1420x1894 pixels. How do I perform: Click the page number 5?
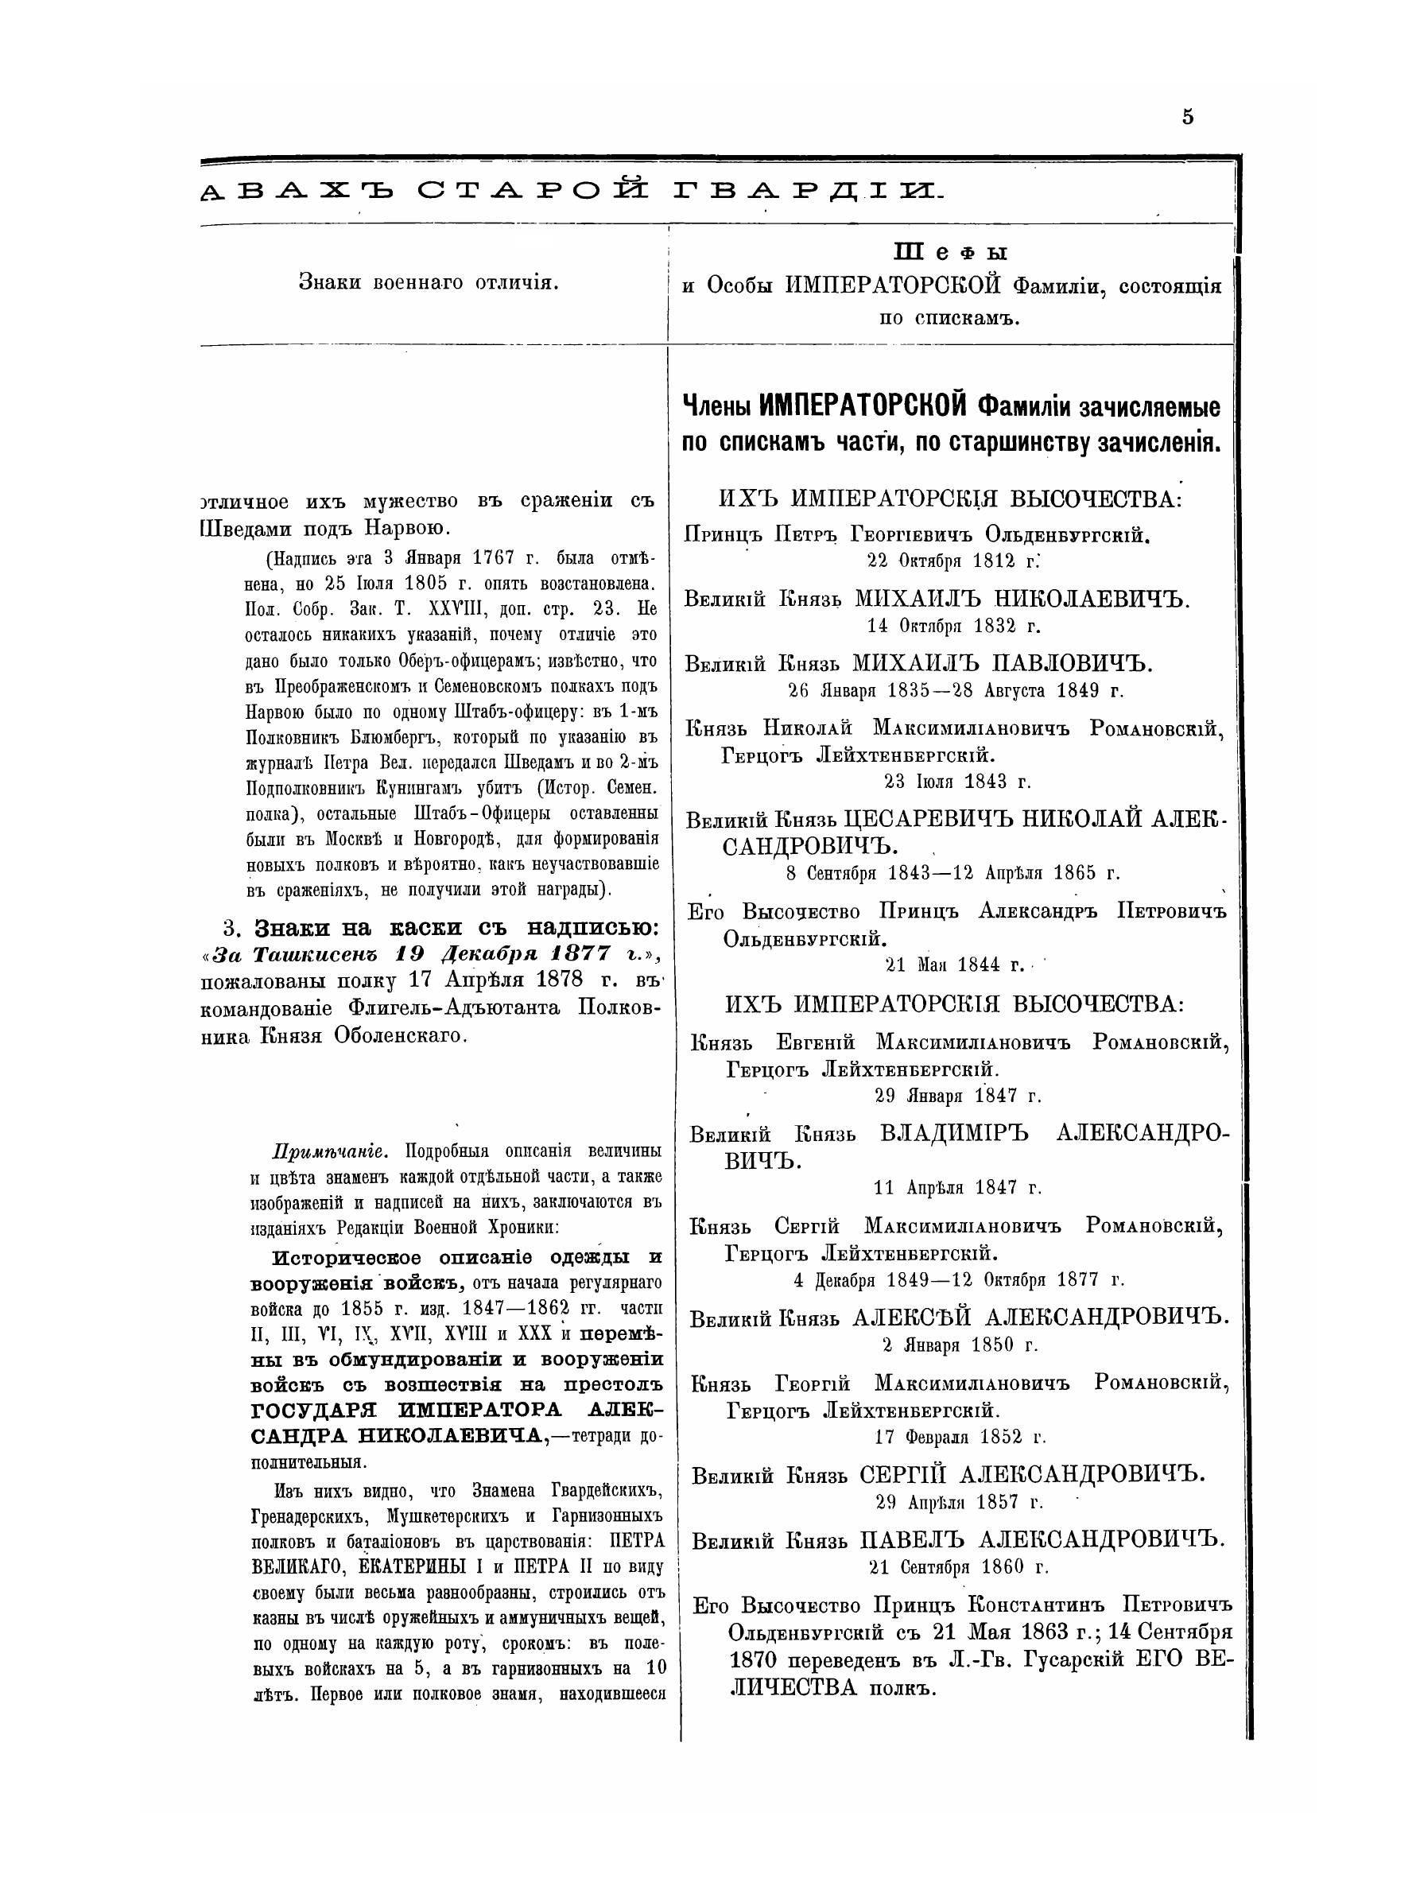(x=1187, y=118)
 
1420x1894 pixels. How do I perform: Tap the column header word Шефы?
(x=950, y=253)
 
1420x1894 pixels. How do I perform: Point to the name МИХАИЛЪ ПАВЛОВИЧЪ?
(x=1004, y=664)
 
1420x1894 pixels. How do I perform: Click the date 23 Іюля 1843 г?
(x=957, y=781)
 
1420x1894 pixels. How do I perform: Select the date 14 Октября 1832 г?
(x=953, y=626)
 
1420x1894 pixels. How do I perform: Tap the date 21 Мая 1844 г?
(x=953, y=965)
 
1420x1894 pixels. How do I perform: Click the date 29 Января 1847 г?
(x=957, y=1095)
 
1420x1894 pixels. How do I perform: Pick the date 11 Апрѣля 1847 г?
(x=957, y=1188)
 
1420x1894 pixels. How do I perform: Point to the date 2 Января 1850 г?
(x=960, y=1345)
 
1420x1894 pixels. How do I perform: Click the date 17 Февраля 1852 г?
(x=960, y=1437)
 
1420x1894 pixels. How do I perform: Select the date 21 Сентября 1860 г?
(x=958, y=1568)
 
